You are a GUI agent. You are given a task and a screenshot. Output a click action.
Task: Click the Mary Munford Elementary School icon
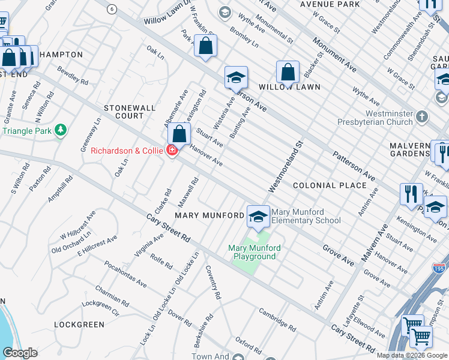[258, 217]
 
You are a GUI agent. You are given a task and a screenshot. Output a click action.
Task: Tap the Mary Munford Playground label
[252, 252]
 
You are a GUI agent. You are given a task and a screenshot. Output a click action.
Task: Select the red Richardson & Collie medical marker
[172, 150]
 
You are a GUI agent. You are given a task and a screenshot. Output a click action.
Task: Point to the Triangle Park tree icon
[60, 130]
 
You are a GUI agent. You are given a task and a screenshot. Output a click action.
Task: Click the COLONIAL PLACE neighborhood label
[329, 185]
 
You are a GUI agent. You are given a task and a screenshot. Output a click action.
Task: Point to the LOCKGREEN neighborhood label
[79, 325]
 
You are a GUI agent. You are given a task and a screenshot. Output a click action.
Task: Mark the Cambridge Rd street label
[277, 320]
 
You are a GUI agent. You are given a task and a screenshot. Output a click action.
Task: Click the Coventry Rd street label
[214, 283]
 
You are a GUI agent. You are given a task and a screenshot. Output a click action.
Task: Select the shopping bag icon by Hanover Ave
[179, 135]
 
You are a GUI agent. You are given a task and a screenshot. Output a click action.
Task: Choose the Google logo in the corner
[20, 353]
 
